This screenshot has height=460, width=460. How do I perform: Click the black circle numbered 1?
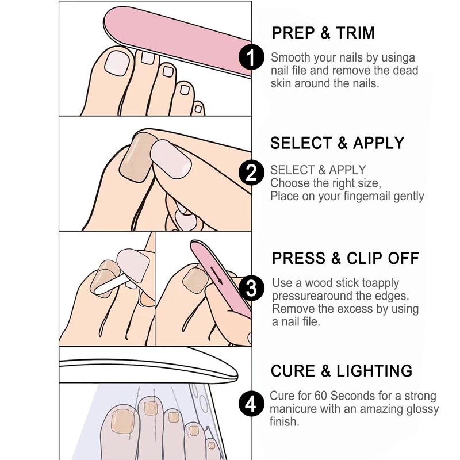(251, 57)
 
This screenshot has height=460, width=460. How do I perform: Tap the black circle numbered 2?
(251, 173)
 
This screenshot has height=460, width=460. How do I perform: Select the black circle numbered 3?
(251, 288)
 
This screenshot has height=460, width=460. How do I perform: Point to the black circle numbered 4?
(251, 404)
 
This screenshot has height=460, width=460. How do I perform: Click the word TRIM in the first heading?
(355, 33)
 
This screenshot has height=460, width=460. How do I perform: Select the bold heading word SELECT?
(301, 143)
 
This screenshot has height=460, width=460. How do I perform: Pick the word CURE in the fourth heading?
(293, 371)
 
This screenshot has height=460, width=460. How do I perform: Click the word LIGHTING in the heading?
(374, 371)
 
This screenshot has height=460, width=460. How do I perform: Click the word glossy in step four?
(423, 409)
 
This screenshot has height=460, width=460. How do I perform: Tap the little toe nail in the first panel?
(198, 109)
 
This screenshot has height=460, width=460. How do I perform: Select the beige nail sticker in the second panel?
(137, 157)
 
